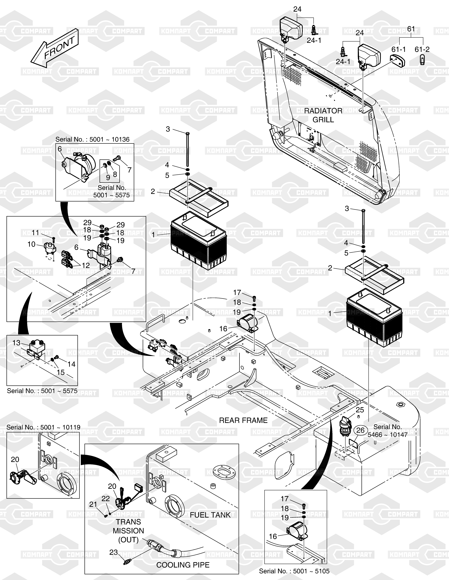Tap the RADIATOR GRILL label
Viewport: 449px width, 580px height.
coord(323,115)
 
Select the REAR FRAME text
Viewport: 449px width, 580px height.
coord(243,420)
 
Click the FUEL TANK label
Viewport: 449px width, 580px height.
coord(210,515)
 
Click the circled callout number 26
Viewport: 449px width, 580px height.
coord(360,430)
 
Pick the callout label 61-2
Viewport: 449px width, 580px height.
coord(422,49)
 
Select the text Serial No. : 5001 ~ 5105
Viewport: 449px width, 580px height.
coord(294,571)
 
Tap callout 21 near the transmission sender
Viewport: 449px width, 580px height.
coord(93,504)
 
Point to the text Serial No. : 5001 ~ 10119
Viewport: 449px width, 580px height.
coord(43,427)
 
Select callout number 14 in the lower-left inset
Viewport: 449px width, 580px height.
coord(71,364)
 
